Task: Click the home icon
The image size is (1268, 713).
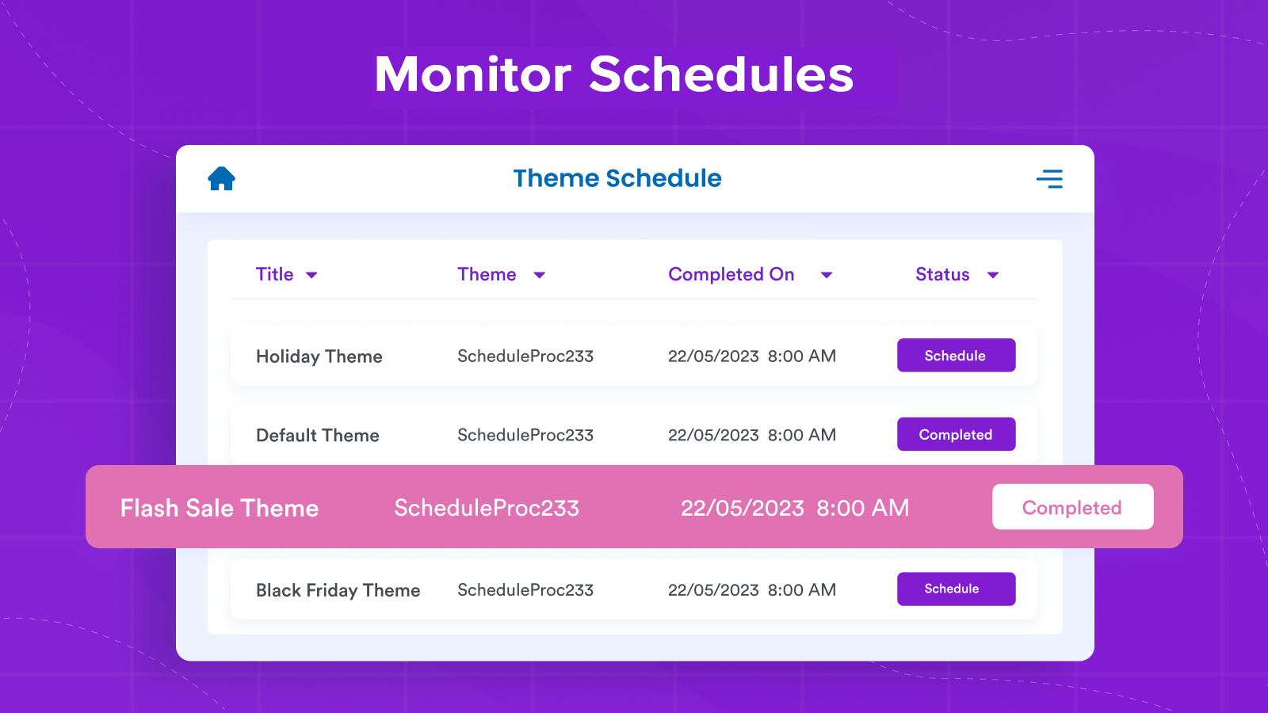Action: click(x=221, y=178)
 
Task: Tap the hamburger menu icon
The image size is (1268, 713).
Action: click(x=1049, y=179)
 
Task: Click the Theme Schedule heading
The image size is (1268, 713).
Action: click(x=617, y=178)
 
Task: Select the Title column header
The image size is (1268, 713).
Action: click(x=275, y=274)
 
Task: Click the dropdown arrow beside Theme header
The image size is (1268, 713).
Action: click(x=540, y=275)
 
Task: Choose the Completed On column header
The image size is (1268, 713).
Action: click(x=731, y=274)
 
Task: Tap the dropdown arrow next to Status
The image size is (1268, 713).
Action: click(x=993, y=275)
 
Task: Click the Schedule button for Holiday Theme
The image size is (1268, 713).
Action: click(x=956, y=356)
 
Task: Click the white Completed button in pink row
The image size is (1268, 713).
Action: click(x=1072, y=507)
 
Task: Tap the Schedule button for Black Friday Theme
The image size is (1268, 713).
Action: click(x=956, y=589)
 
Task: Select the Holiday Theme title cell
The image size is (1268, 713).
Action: click(x=319, y=356)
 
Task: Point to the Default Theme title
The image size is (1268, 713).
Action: click(x=317, y=435)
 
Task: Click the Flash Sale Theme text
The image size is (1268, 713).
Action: click(x=220, y=508)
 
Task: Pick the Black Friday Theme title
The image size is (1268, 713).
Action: click(x=338, y=590)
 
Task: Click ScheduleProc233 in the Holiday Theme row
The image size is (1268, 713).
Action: click(x=525, y=356)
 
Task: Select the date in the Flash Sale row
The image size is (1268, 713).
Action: click(x=795, y=508)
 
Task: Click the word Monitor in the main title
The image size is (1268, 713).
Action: click(x=473, y=74)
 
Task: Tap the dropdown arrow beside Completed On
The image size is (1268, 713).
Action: click(x=827, y=275)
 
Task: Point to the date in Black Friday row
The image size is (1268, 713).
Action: click(x=751, y=590)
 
